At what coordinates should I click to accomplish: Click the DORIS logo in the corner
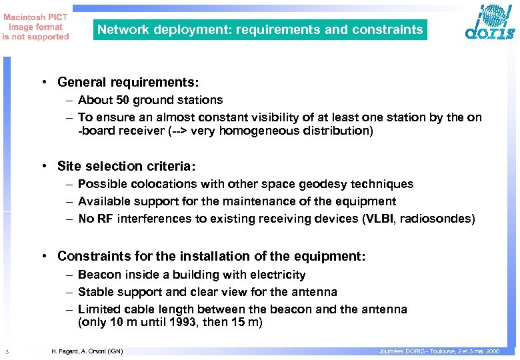[x=489, y=23]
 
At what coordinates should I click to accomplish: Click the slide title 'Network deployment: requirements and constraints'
[x=260, y=29]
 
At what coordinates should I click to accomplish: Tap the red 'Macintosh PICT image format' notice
[x=35, y=27]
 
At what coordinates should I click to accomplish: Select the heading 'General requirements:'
[x=128, y=82]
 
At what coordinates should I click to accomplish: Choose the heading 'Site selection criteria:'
[x=129, y=166]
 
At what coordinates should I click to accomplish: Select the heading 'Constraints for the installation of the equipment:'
[x=211, y=256]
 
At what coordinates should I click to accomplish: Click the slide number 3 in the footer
[x=5, y=351]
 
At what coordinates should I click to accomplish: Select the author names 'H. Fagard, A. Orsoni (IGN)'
[x=87, y=351]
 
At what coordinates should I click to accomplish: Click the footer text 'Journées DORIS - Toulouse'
[x=413, y=351]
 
